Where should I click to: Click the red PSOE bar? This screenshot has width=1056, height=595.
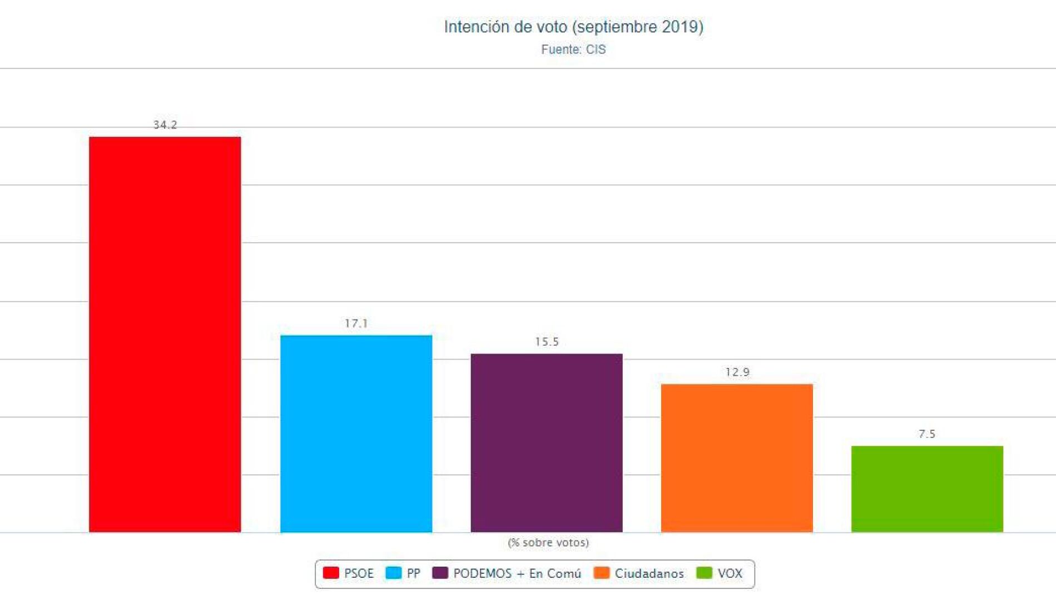point(165,334)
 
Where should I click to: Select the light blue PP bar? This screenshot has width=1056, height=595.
point(356,434)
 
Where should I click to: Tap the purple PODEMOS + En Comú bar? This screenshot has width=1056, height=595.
point(547,442)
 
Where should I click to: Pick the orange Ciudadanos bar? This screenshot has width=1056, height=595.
point(737,458)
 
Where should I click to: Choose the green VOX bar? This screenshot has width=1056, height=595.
point(927,489)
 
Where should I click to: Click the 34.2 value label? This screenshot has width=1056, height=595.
point(165,125)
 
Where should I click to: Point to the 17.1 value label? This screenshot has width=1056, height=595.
point(356,323)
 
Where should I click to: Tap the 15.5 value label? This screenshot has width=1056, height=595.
point(547,342)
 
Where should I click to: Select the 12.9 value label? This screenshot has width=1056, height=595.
point(737,372)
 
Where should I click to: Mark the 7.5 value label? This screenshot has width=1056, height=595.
point(927,434)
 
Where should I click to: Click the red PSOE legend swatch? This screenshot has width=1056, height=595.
point(331,573)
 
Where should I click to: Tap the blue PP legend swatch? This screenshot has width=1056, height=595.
point(393,573)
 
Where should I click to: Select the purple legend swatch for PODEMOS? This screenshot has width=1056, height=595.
point(440,573)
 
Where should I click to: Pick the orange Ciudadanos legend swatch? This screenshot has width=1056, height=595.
point(602,573)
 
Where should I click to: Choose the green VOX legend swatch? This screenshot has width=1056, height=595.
point(704,573)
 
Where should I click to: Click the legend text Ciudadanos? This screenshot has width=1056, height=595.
point(649,573)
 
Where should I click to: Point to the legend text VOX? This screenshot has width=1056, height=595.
point(730,573)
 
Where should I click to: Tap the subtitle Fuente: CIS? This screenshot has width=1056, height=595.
point(573,50)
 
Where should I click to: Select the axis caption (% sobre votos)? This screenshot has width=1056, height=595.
point(548,542)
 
